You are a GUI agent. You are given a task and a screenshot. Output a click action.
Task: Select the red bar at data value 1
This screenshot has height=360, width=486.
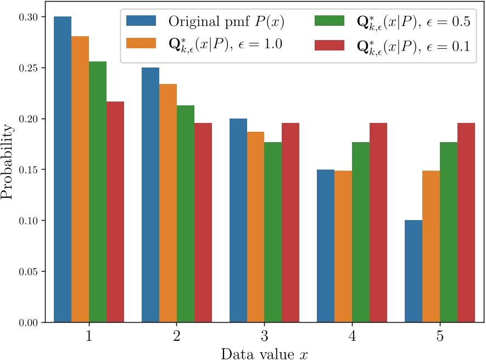pyautogui.click(x=115, y=211)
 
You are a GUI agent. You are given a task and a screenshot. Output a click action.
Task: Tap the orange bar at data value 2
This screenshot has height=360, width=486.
pyautogui.click(x=168, y=203)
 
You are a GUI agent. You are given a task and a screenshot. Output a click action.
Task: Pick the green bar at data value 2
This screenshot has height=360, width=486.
pyautogui.click(x=186, y=213)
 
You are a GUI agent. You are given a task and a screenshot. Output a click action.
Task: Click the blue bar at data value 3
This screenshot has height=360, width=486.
pyautogui.click(x=238, y=220)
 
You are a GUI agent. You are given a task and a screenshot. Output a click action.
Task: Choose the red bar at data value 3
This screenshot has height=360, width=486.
pyautogui.click(x=291, y=222)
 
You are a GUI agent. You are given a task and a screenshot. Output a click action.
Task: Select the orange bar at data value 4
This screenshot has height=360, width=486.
pyautogui.click(x=343, y=246)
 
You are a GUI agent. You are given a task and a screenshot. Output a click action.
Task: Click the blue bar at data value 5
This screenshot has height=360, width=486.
pyautogui.click(x=414, y=271)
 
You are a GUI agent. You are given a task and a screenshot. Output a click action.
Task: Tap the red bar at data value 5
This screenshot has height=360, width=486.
pyautogui.click(x=466, y=222)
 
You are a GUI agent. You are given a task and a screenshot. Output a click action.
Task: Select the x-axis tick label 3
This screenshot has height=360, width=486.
pyautogui.click(x=264, y=336)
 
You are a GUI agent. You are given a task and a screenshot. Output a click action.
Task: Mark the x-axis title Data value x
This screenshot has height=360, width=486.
pyautogui.click(x=264, y=353)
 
